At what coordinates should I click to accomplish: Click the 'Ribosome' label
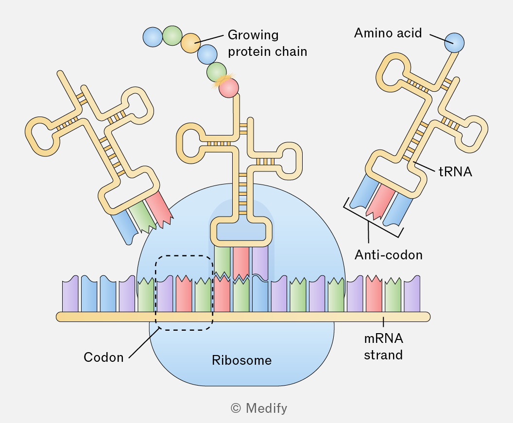[242, 360]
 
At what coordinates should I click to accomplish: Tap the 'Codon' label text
[103, 357]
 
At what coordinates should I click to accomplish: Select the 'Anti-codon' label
[389, 255]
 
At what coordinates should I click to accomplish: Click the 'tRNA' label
[455, 172]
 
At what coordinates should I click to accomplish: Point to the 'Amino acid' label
[388, 33]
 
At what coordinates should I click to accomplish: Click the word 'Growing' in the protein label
[253, 35]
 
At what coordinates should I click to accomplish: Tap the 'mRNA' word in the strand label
[383, 338]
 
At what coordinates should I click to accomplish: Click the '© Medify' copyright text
[259, 408]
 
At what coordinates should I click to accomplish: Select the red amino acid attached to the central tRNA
[229, 88]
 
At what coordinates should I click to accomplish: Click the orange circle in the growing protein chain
[191, 43]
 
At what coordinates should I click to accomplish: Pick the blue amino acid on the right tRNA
[454, 43]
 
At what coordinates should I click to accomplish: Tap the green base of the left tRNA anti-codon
[142, 216]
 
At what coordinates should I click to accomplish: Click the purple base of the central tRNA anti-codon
[260, 262]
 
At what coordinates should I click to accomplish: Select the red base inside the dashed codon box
[184, 293]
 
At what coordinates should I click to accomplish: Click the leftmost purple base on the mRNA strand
[70, 294]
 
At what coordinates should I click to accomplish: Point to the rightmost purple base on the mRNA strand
[412, 294]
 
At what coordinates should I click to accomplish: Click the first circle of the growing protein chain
[153, 37]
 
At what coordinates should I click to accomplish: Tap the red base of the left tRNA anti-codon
[159, 209]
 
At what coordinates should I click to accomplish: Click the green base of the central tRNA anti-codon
[222, 262]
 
